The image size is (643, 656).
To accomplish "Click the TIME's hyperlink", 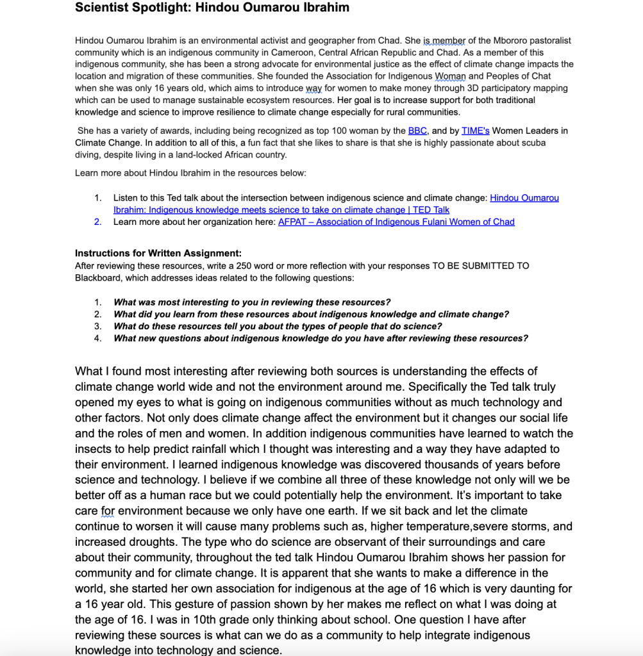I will tap(475, 131).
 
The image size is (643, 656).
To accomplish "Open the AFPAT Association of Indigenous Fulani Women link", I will tap(396, 222).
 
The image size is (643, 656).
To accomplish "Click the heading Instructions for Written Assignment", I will tap(158, 253).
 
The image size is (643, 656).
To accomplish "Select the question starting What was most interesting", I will tap(252, 302).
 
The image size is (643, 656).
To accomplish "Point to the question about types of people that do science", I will tap(278, 326).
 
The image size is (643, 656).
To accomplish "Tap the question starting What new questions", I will tap(321, 338).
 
